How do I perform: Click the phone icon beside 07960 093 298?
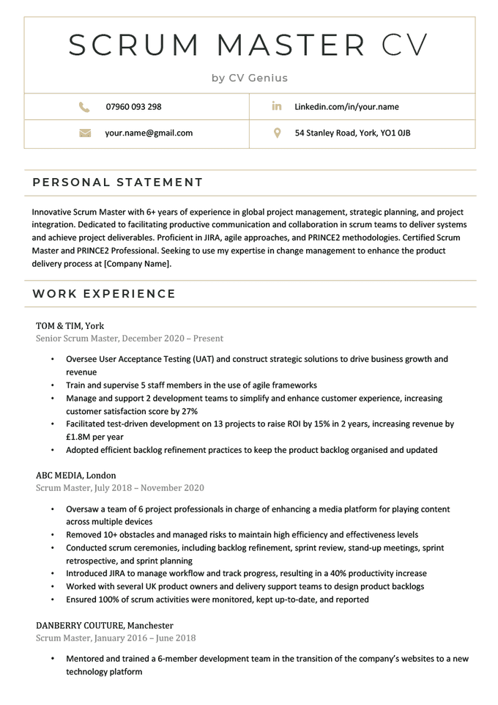tap(84, 107)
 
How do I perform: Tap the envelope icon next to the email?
tap(84, 133)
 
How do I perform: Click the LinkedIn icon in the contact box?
tap(277, 107)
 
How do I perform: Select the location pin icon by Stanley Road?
tap(277, 133)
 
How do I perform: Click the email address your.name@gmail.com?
tap(149, 133)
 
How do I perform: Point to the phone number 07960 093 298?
tap(133, 107)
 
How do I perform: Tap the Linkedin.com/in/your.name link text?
tap(346, 107)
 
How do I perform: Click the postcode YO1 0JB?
tap(395, 133)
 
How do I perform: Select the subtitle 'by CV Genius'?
tap(250, 78)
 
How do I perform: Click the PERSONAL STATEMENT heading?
tap(118, 182)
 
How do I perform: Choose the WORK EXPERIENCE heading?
tap(104, 294)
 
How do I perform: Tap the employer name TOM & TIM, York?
tap(70, 325)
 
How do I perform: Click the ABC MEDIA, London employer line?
tap(75, 475)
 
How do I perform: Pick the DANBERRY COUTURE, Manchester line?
tap(104, 625)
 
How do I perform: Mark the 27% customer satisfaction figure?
tap(189, 412)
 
